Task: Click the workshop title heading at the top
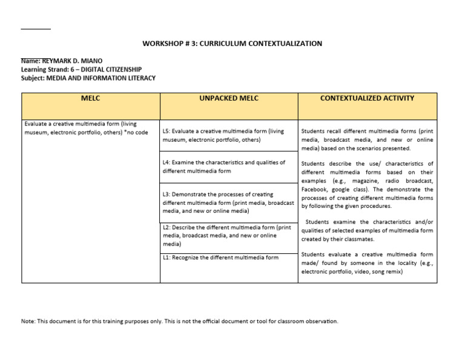pyautogui.click(x=232, y=44)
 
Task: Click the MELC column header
pyautogui.click(x=90, y=98)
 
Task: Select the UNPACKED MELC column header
pyautogui.click(x=228, y=98)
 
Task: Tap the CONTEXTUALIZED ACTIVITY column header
pyautogui.click(x=367, y=98)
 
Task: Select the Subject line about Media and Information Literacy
pyautogui.click(x=88, y=78)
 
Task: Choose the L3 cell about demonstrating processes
pyautogui.click(x=228, y=202)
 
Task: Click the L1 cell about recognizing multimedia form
pyautogui.click(x=220, y=258)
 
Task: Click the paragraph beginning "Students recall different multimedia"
pyautogui.click(x=367, y=139)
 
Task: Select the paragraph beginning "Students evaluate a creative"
pyautogui.click(x=367, y=263)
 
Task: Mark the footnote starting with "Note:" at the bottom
pyautogui.click(x=180, y=321)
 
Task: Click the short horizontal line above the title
pyautogui.click(x=36, y=29)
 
